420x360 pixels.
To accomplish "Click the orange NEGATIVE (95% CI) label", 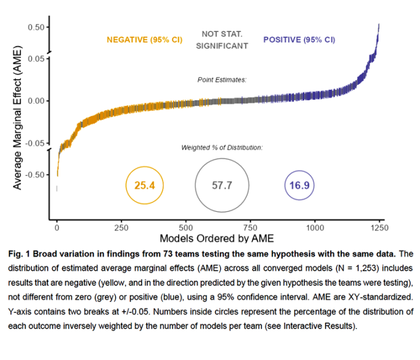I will pos(144,40).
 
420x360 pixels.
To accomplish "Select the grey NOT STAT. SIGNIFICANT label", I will pos(222,40).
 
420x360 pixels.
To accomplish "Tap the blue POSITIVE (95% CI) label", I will pos(299,40).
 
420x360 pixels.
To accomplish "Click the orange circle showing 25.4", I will pos(145,186).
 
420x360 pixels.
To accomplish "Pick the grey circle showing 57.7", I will pos(222,186).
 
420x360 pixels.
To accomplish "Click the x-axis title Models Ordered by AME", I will pos(216,239).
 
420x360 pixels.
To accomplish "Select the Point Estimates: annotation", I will pos(222,79).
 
